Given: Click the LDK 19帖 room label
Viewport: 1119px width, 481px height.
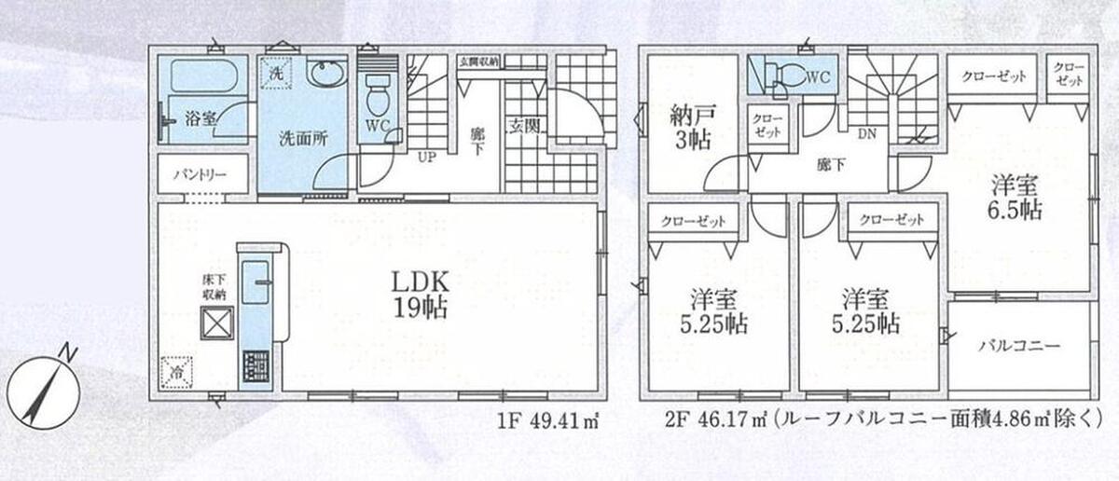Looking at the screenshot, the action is [420, 295].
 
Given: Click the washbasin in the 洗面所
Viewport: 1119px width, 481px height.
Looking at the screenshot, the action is [325, 75].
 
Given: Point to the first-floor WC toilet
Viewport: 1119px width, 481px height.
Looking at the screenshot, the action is [377, 97].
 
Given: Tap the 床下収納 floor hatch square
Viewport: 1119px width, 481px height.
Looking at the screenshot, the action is [216, 323].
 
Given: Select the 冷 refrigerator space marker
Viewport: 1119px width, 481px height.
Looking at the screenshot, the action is [176, 373].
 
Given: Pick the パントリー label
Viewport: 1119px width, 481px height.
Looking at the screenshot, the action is [200, 175].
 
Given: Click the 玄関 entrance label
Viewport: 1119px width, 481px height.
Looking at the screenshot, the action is [524, 127].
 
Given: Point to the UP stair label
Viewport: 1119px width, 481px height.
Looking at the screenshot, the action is [427, 158].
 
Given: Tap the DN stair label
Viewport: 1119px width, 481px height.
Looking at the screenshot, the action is [866, 134].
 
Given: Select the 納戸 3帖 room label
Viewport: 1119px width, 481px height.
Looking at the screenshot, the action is [692, 128].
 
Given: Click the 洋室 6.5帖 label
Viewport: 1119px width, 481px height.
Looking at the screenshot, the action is [1015, 199].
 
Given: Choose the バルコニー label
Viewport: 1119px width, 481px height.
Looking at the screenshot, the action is [1019, 346].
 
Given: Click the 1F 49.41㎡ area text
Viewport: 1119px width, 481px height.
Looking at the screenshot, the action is [548, 421].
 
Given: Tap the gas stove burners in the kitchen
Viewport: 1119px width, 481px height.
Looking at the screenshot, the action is [256, 366].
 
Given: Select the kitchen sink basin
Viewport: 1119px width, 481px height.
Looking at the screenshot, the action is [256, 282].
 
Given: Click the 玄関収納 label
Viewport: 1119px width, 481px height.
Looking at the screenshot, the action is [479, 62].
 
